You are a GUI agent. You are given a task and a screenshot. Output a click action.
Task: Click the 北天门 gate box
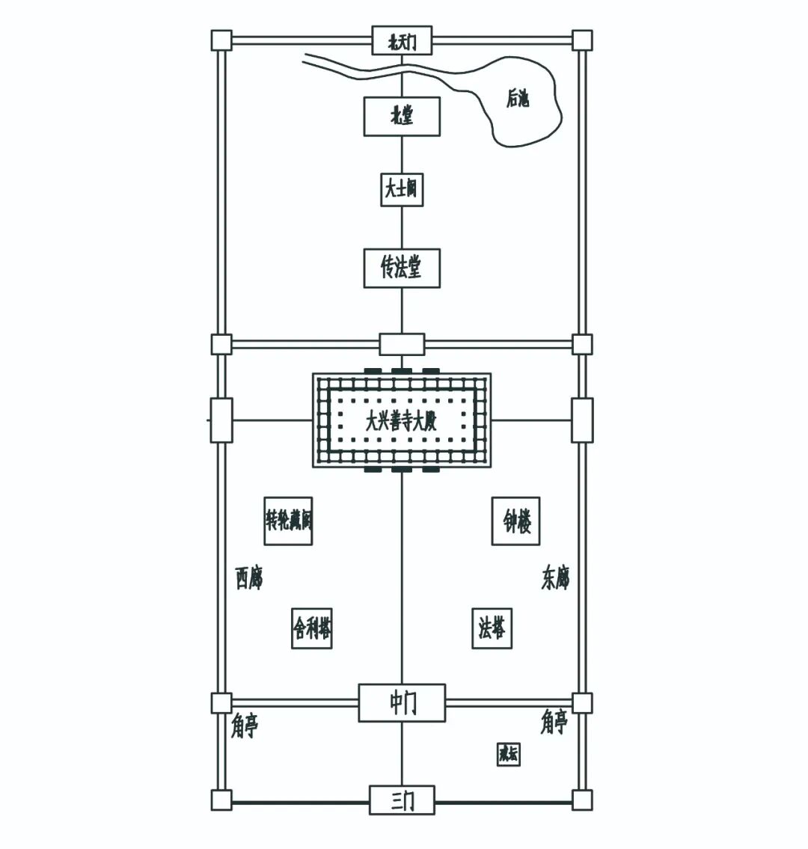[x=401, y=40]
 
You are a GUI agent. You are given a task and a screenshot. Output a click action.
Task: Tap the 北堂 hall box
[x=401, y=117]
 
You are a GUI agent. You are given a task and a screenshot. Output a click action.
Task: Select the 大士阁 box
[x=401, y=189]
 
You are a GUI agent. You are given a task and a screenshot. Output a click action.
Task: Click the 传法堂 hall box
[x=401, y=268]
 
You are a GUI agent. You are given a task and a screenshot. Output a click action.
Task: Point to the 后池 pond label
[x=517, y=99]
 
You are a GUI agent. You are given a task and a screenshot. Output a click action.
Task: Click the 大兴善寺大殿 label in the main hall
[x=401, y=421]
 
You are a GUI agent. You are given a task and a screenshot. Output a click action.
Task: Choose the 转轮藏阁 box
[x=288, y=521]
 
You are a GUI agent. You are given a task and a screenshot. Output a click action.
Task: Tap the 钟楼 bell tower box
[x=516, y=521]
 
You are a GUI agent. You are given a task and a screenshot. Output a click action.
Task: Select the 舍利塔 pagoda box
[x=312, y=628]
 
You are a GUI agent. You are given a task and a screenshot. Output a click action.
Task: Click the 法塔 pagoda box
[x=492, y=628]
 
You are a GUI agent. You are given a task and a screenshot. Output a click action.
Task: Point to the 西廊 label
[x=248, y=578]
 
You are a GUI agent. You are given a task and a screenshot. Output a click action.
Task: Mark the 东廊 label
[x=555, y=578]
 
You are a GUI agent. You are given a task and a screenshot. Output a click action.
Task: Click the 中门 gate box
[x=402, y=703]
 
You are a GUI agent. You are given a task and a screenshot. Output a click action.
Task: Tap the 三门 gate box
[x=402, y=801]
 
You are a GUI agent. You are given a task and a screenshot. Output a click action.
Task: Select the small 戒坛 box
[x=509, y=754]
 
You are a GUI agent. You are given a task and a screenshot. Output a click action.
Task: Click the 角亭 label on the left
[x=245, y=726]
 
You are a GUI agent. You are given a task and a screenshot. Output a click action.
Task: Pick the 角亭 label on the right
[x=554, y=723]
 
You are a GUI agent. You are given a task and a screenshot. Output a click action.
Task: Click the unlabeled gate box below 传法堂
[x=402, y=344]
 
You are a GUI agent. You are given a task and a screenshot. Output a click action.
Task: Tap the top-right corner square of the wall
[x=582, y=40]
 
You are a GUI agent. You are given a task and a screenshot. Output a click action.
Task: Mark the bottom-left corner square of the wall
[x=221, y=800]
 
